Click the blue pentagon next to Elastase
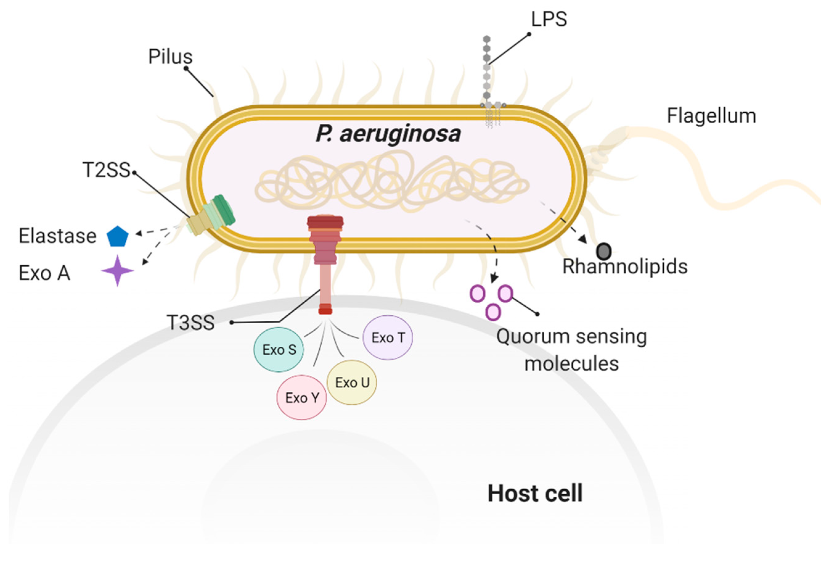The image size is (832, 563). tap(117, 237)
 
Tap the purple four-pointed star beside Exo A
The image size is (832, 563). tap(117, 271)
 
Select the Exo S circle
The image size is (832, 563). tap(278, 349)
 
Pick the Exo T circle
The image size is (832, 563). tap(388, 337)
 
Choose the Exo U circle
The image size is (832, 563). tap(351, 382)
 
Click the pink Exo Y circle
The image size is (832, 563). tap(302, 398)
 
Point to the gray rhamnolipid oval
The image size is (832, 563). tap(604, 251)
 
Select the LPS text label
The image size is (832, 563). tap(549, 19)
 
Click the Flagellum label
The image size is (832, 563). tap(711, 116)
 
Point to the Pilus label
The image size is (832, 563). tap(170, 57)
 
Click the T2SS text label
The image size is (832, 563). tap(106, 169)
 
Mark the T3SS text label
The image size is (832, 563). tap(190, 322)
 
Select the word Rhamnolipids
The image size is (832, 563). tap(625, 267)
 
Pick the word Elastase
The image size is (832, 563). tap(57, 236)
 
